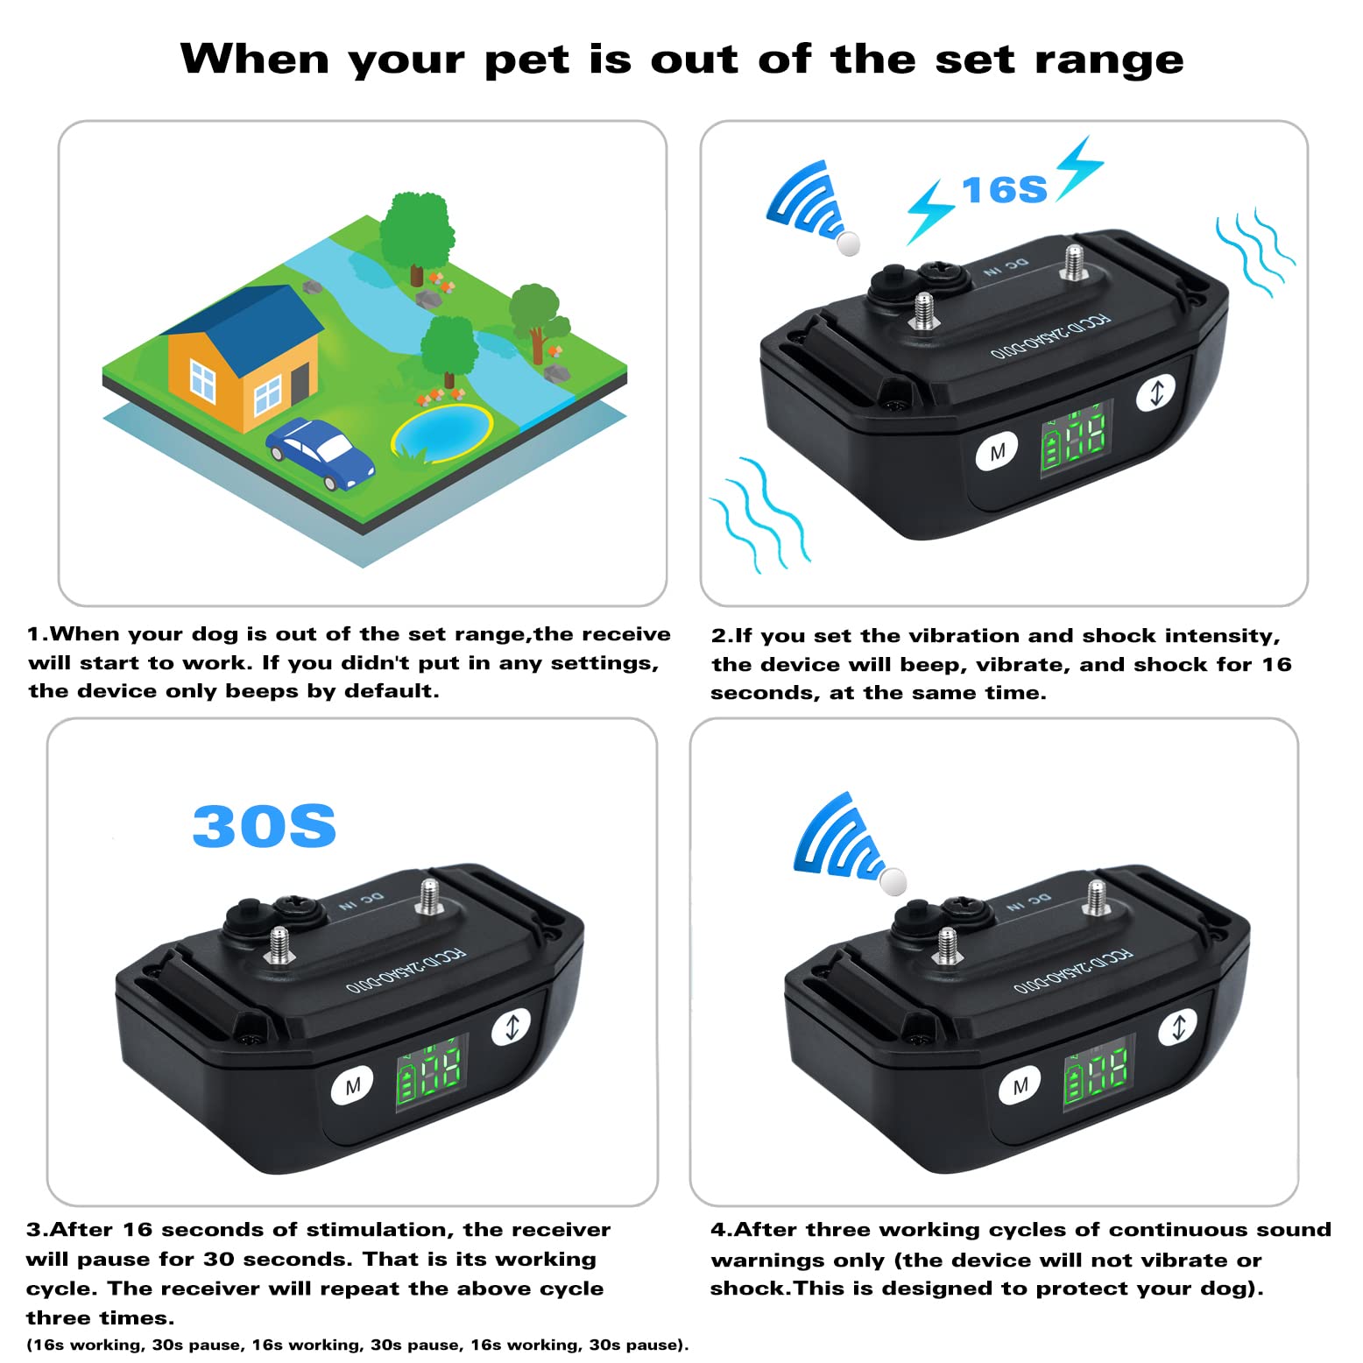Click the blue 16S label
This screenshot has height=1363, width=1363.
pos(1004,190)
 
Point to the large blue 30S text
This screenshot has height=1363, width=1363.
pos(264,826)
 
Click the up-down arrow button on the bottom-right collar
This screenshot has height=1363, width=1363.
pos(1178,1027)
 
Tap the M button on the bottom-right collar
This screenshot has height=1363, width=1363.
pos(1020,1086)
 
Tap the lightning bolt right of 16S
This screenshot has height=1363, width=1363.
pos(1079,167)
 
